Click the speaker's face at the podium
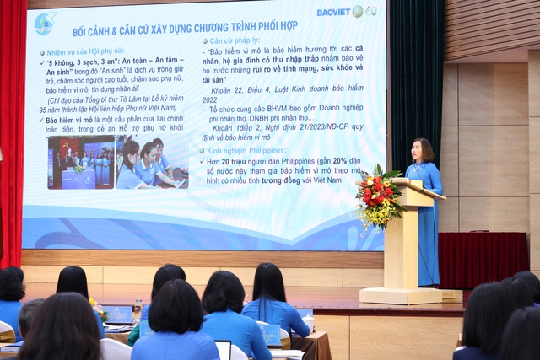pyautogui.click(x=422, y=152)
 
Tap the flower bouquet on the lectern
pyautogui.click(x=377, y=198)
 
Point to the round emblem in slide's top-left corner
pyautogui.click(x=45, y=23)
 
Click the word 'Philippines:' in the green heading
pyautogui.click(x=260, y=150)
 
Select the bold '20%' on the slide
pyautogui.click(x=339, y=160)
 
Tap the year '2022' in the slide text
pyautogui.click(x=210, y=99)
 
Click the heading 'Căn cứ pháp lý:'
pyautogui.click(x=235, y=40)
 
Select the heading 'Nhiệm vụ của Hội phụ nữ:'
pyautogui.click(x=85, y=52)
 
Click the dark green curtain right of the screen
pyautogui.click(x=415, y=76)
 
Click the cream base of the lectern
pyautogui.click(x=400, y=295)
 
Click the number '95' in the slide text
pyautogui.click(x=43, y=110)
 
